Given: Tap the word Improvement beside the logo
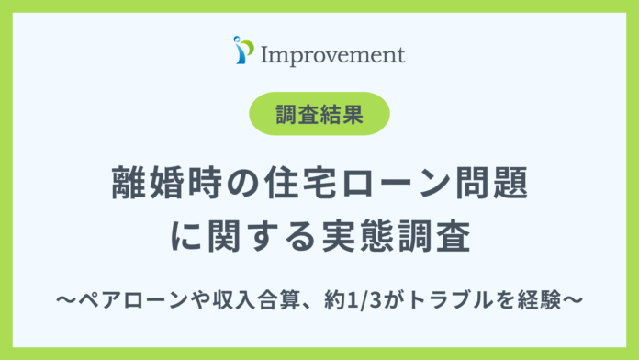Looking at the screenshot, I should [x=332, y=53].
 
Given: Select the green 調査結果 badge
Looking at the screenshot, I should [x=319, y=115].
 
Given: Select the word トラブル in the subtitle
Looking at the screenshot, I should [x=434, y=299].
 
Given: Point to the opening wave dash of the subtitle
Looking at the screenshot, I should [x=61, y=299].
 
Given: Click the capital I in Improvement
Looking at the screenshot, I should [x=266, y=53].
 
